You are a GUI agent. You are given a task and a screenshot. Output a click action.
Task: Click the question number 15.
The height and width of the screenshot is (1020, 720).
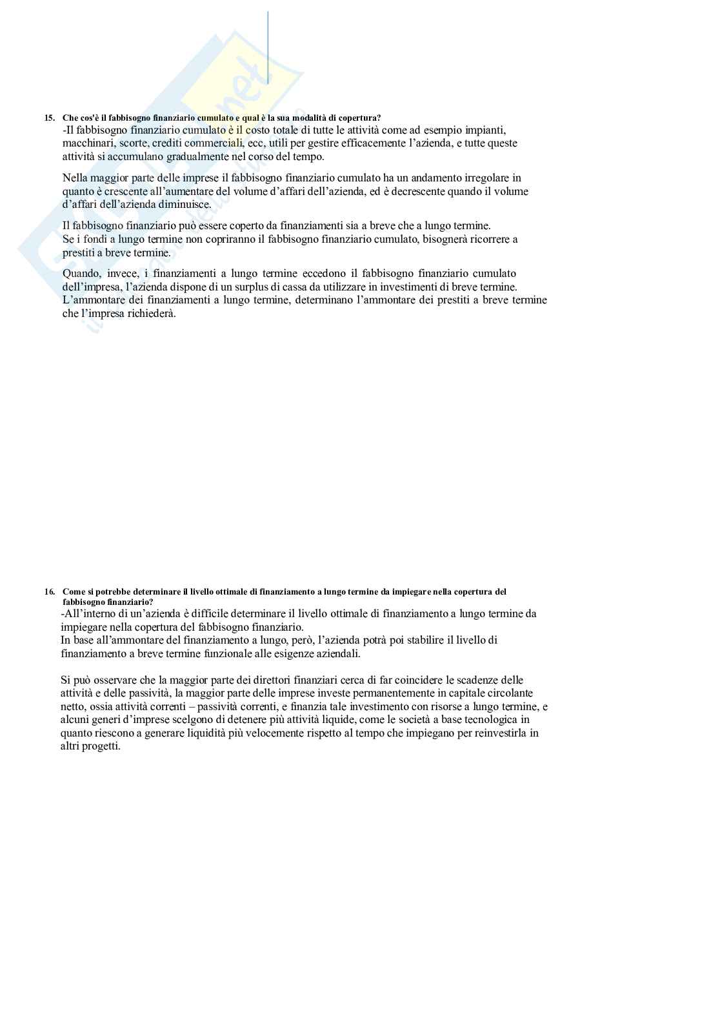tap(49, 117)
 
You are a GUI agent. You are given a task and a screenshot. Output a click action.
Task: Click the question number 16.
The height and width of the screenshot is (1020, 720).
tap(49, 591)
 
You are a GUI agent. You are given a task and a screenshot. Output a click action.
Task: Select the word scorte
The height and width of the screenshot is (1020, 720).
tap(134, 143)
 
